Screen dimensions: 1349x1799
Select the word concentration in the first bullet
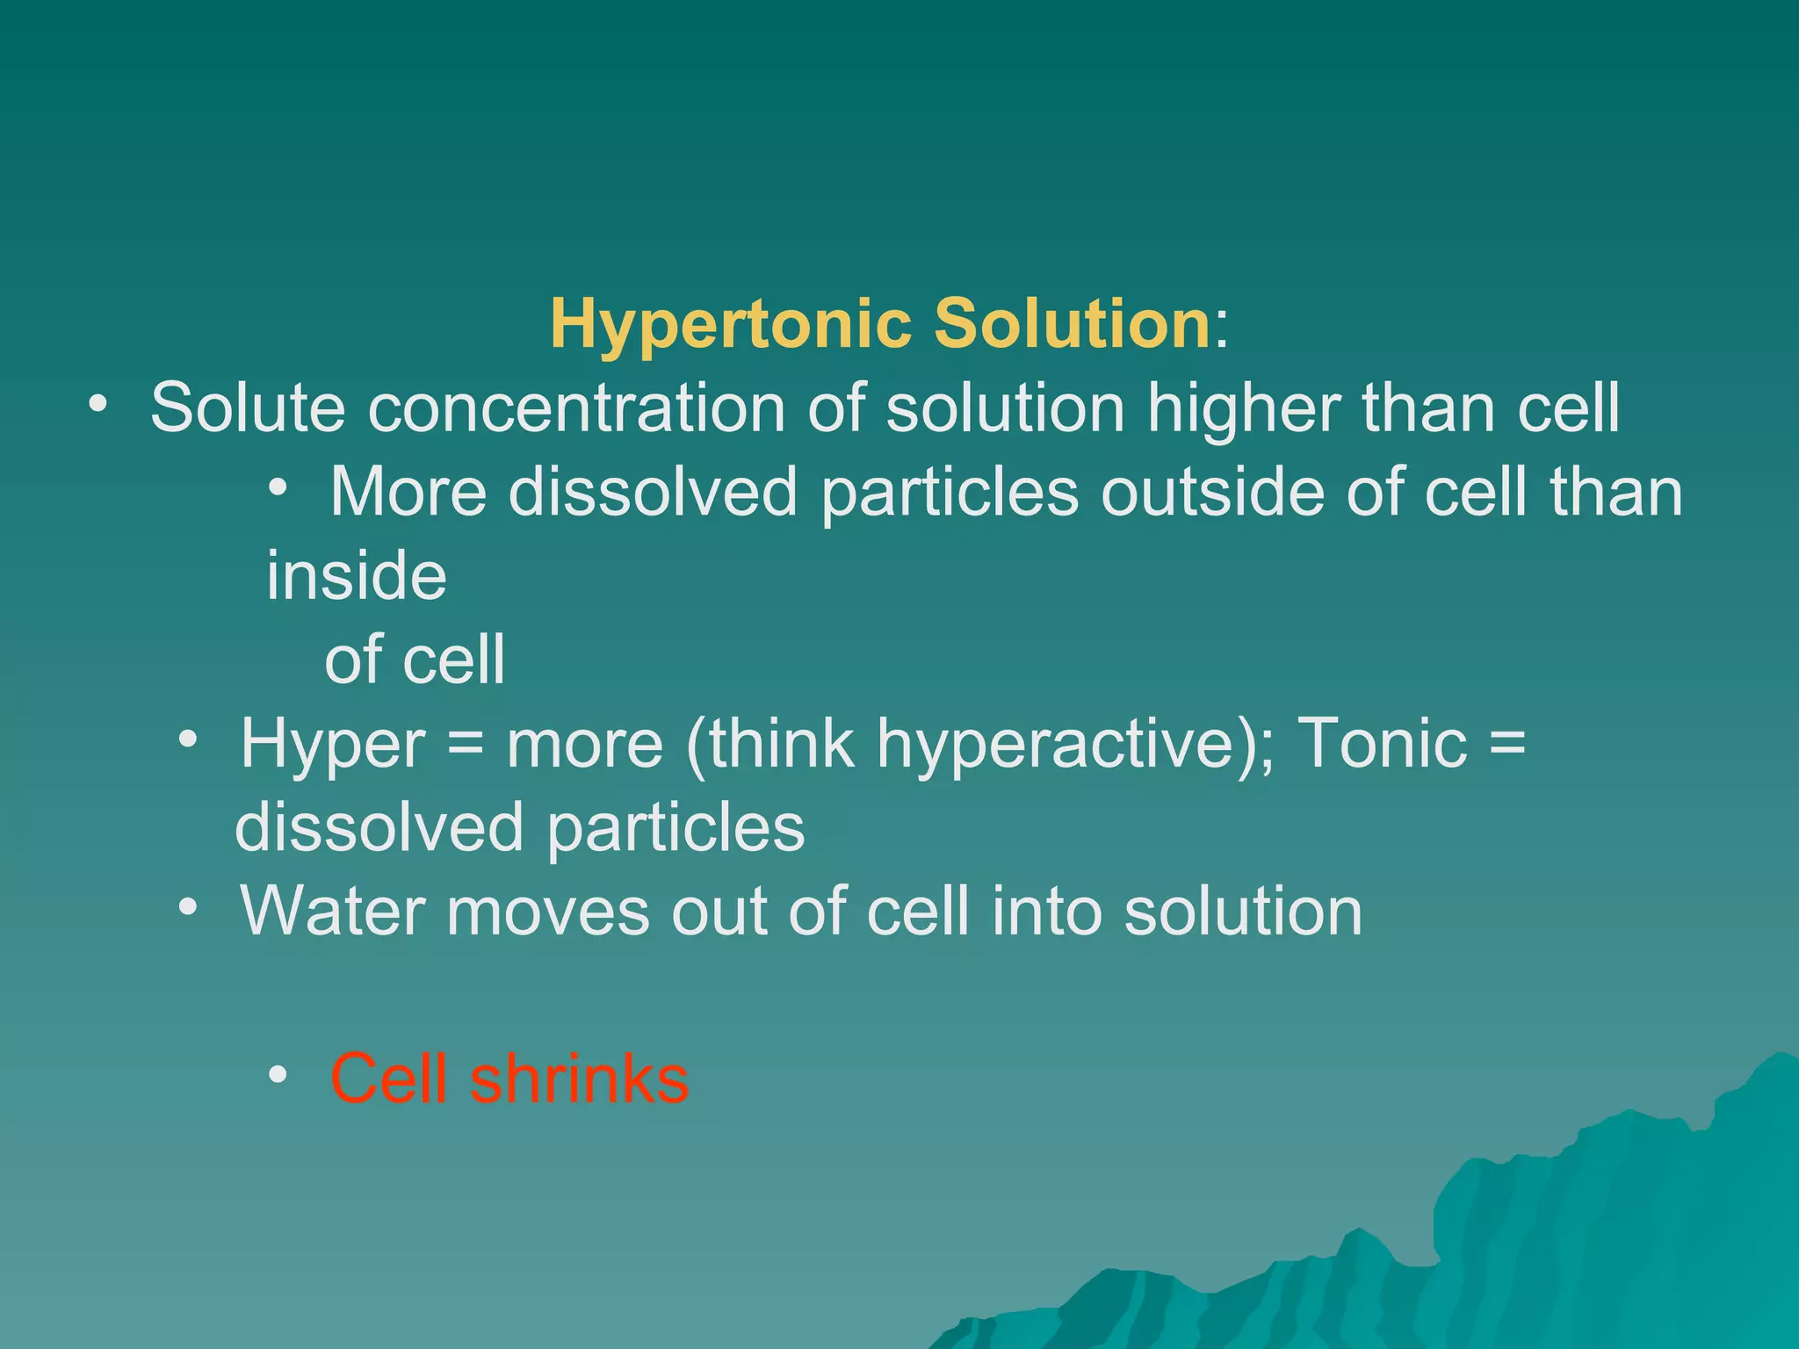coord(576,408)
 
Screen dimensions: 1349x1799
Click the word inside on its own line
coord(357,575)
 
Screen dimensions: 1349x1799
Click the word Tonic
coord(1382,744)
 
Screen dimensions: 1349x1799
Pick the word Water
coord(333,911)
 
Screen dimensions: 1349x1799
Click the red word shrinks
coord(580,1078)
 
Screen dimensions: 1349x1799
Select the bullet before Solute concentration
coord(98,405)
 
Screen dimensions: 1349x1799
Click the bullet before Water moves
coord(187,907)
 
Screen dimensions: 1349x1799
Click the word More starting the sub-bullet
coord(408,492)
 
